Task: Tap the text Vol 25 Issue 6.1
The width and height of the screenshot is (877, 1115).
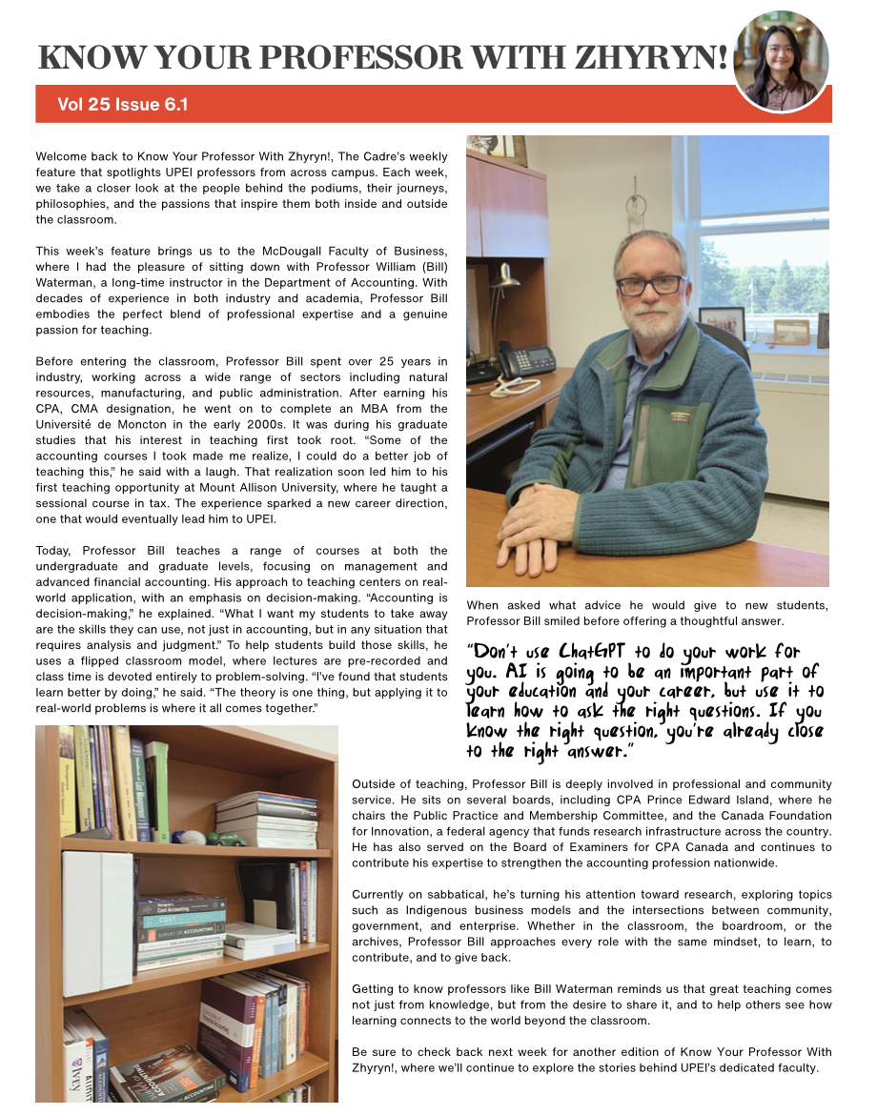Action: pos(122,104)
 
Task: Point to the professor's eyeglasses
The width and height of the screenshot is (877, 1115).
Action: pos(651,284)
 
